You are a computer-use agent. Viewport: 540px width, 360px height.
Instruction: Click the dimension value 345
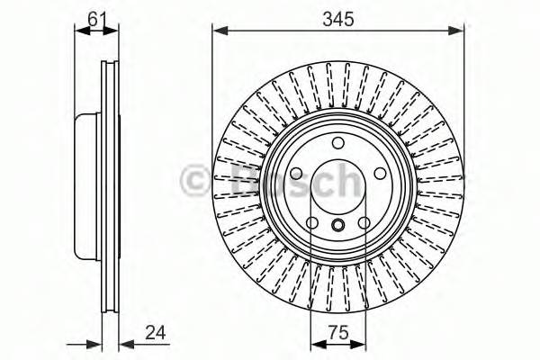pos(339,15)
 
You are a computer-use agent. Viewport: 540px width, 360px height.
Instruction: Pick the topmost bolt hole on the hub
pos(337,144)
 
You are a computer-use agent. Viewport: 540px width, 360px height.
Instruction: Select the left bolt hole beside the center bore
pos(297,174)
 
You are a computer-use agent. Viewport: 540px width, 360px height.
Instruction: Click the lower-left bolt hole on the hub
pos(311,223)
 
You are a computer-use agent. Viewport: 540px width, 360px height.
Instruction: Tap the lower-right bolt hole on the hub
pos(364,223)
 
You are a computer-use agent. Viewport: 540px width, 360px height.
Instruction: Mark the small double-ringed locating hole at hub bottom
pos(337,225)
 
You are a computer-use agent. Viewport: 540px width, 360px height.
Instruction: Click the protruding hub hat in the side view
pos(86,189)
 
